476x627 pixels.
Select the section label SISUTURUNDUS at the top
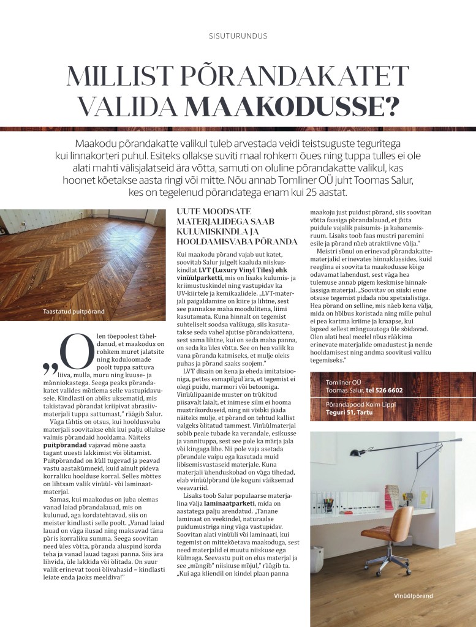[238, 36]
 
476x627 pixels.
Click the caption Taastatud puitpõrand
[74, 312]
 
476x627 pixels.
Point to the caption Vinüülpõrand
[414, 595]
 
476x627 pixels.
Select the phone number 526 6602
[385, 390]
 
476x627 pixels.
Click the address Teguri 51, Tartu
[349, 412]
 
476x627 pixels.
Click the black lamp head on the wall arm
[355, 453]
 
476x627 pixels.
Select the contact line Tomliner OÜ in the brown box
[342, 383]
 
